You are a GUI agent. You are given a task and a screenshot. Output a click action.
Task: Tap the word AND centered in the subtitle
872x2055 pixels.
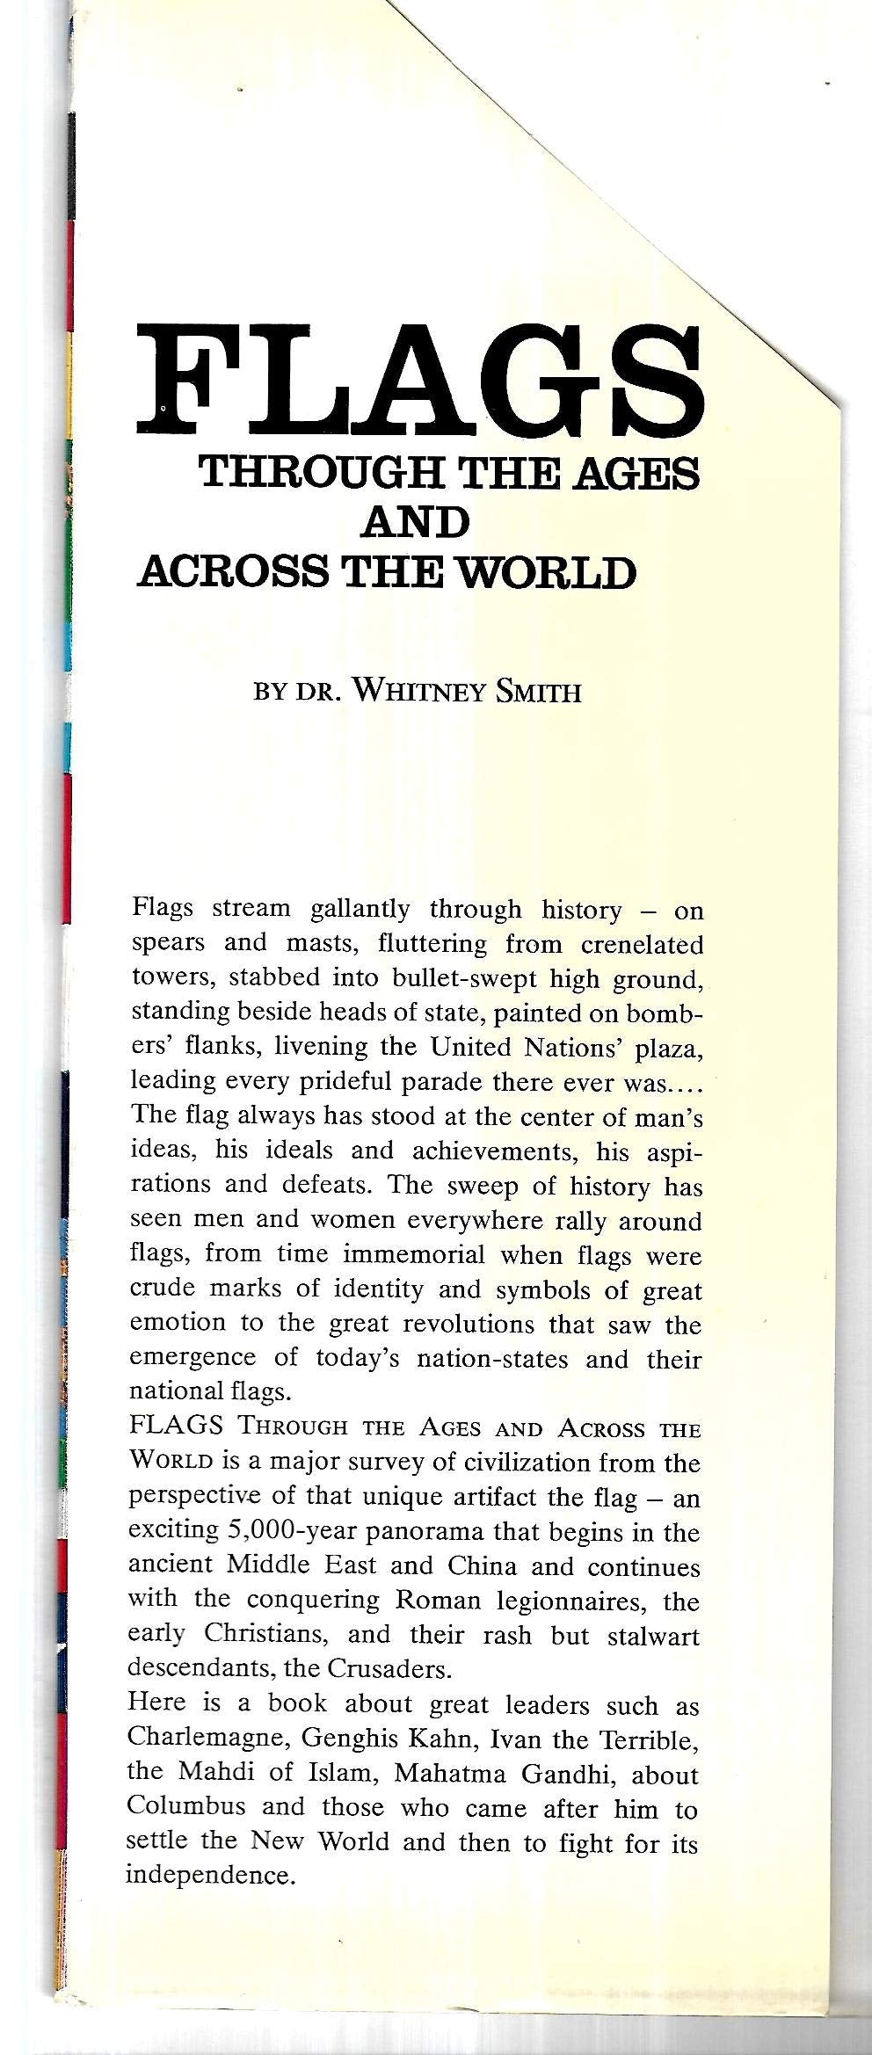click(x=414, y=524)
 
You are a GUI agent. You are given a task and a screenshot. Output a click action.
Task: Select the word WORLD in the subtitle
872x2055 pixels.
click(x=549, y=572)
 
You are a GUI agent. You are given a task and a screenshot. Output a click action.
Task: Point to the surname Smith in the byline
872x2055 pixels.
click(x=538, y=692)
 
